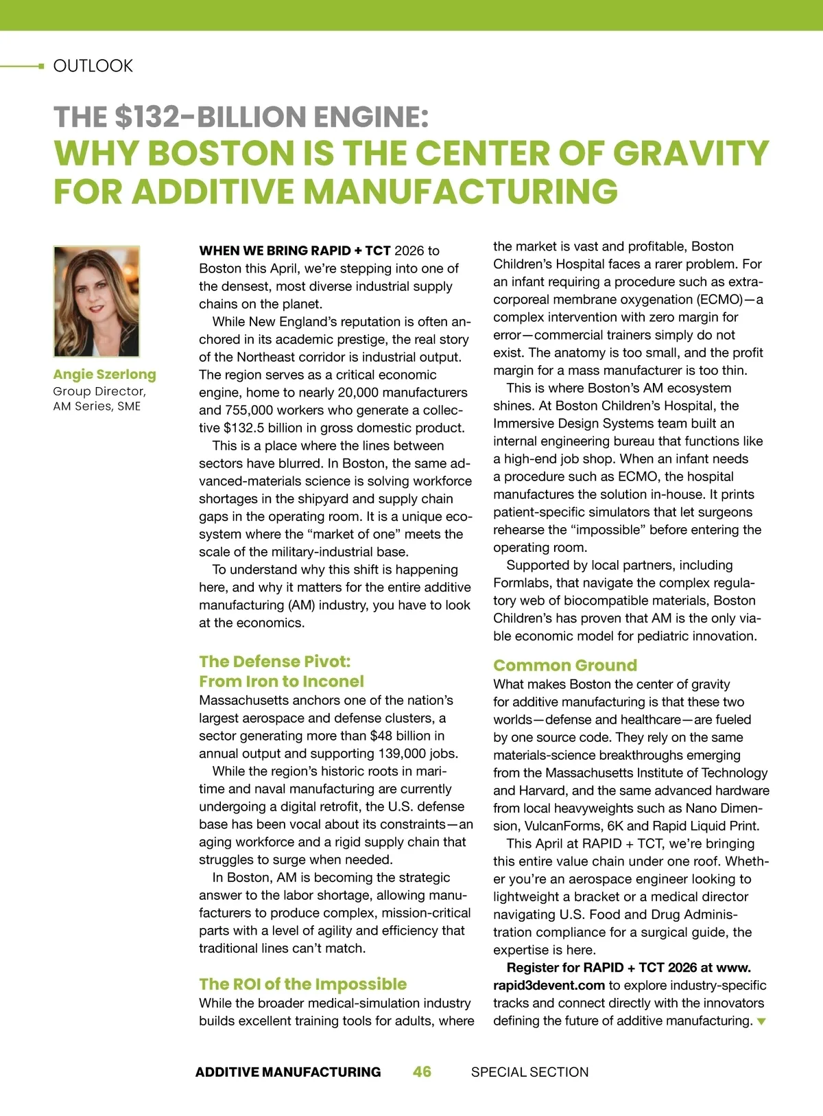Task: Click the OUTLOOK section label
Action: click(x=93, y=66)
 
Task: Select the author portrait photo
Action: click(x=97, y=301)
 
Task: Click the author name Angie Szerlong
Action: click(x=104, y=374)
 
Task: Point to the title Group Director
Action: click(x=99, y=391)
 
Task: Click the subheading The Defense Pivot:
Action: click(x=274, y=662)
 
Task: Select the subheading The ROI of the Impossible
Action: click(x=302, y=984)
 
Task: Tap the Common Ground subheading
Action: click(x=565, y=665)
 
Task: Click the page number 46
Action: click(x=422, y=1071)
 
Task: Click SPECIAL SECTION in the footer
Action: click(x=529, y=1072)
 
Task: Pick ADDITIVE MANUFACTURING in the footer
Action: click(x=288, y=1072)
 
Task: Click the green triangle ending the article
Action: click(x=761, y=1021)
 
